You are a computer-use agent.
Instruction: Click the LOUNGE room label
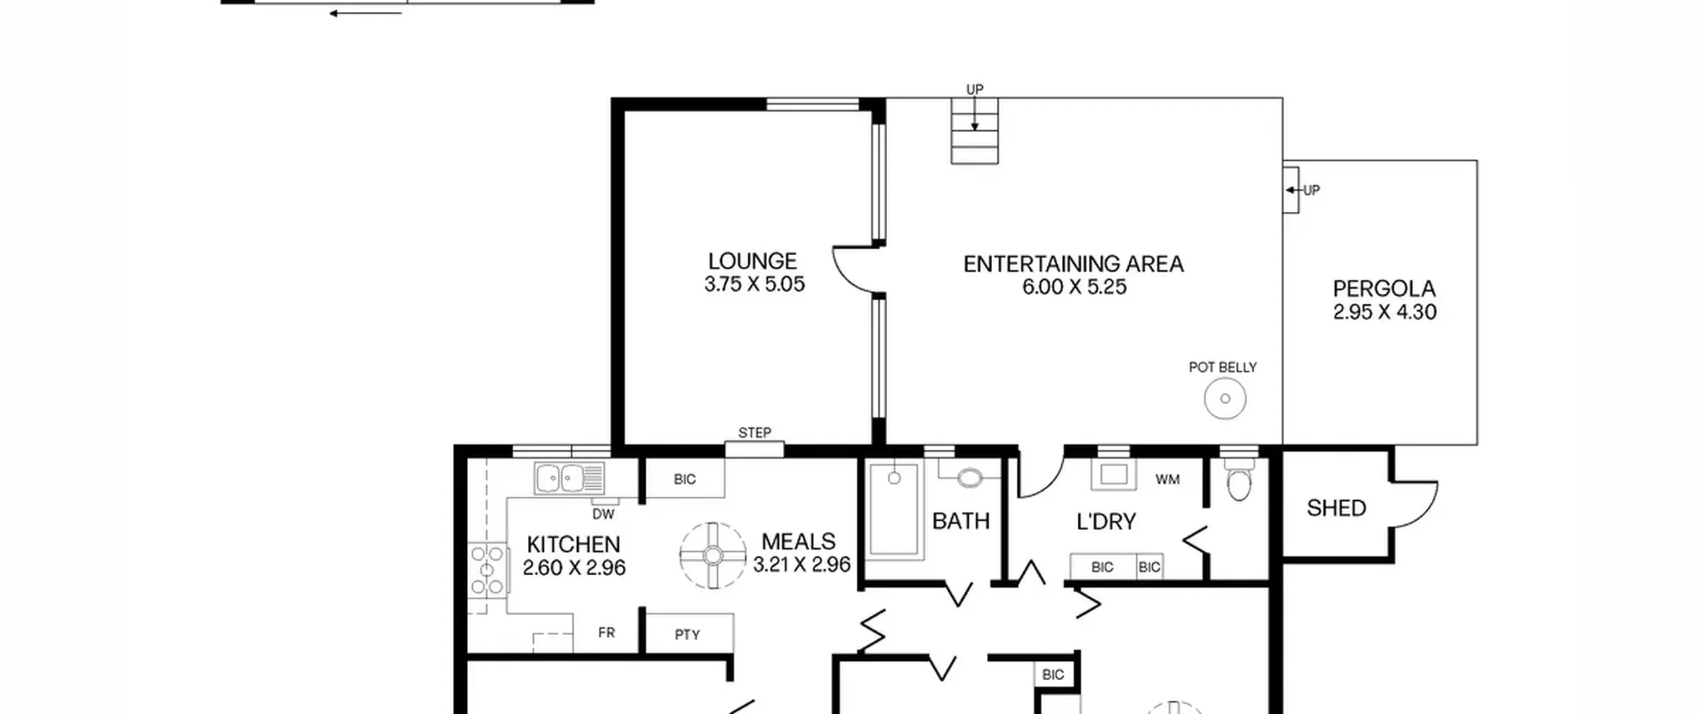click(752, 261)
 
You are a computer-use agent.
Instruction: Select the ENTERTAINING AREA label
click(1073, 264)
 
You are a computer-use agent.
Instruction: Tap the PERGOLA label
click(1384, 289)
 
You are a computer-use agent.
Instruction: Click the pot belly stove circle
click(1225, 399)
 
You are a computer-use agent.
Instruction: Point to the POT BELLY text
click(1223, 367)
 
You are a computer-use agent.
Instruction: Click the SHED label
click(1336, 508)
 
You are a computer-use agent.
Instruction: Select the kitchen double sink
click(569, 478)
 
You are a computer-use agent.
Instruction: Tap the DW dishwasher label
click(603, 514)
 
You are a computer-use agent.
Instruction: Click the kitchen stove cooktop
click(487, 569)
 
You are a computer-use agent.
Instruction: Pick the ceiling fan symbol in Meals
click(713, 555)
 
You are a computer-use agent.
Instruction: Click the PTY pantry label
click(687, 635)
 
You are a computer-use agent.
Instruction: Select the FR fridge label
click(606, 633)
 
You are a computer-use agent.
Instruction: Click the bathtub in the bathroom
click(894, 509)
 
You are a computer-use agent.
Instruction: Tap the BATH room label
click(961, 521)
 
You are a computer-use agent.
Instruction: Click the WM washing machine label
click(1167, 480)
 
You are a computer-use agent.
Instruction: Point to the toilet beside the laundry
click(1239, 481)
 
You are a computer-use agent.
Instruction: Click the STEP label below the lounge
click(754, 433)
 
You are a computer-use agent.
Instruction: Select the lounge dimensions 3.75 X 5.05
click(754, 284)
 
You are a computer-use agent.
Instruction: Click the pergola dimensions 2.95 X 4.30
click(1385, 312)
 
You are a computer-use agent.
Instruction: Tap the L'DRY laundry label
click(1106, 522)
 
